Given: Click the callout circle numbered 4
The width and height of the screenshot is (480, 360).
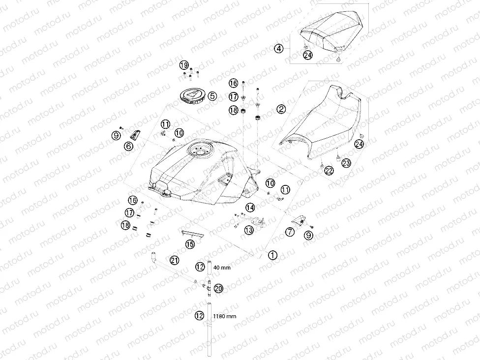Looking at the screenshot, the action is tap(278, 49).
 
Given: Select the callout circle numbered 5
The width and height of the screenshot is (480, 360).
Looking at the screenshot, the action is tap(212, 96).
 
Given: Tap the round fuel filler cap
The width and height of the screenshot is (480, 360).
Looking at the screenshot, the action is tap(192, 94).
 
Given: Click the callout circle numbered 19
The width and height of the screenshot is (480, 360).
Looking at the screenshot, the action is tap(183, 65).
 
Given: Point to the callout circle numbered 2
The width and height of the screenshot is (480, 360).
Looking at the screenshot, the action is tap(281, 109).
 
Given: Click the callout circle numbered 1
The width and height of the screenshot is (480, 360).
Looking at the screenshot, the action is tap(272, 255).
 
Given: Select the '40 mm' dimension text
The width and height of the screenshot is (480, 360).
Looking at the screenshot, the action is tap(222, 268).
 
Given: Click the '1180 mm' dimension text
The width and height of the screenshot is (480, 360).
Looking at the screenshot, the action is tap(225, 316).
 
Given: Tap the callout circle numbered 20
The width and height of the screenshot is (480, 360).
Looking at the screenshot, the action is tap(218, 288).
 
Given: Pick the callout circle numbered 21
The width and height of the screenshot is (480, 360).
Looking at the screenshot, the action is tap(175, 261).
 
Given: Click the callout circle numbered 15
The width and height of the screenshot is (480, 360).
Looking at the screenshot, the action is tap(190, 244).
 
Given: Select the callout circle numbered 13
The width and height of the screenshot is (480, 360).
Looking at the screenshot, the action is tap(249, 230).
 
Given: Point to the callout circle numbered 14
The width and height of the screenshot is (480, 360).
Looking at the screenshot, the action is tap(250, 208).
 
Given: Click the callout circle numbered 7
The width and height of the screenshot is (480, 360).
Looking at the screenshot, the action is tap(290, 232).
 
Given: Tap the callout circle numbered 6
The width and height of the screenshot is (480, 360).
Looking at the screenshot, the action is tap(128, 146).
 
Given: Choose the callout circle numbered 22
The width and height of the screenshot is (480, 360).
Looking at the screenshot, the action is tap(329, 171).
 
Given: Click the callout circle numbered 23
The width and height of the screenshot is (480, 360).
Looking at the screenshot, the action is tap(346, 163).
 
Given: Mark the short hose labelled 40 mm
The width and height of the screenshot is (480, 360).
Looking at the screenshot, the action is tap(209, 268).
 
